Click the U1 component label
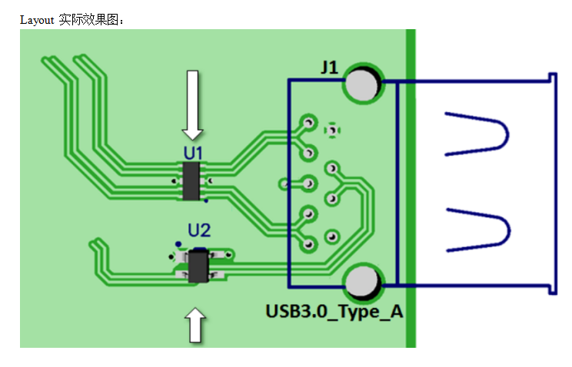point(193,152)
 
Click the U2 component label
point(199,230)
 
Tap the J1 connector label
point(329,68)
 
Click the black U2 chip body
point(199,266)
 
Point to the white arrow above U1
point(192,103)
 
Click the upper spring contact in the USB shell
point(477,134)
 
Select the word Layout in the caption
point(37,19)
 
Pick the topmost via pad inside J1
point(309,122)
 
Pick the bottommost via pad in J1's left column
point(309,244)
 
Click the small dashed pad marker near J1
point(332,130)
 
